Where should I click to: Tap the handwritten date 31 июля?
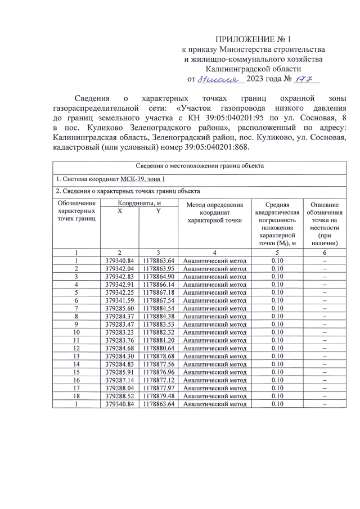click(x=219, y=79)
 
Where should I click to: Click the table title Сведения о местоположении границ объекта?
click(x=200, y=165)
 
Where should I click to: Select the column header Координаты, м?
click(x=139, y=203)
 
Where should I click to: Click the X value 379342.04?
click(x=119, y=269)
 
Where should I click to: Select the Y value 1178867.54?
click(x=158, y=301)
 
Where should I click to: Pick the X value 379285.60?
click(x=119, y=309)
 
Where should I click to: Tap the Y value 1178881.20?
click(x=158, y=340)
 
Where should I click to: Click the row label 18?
click(x=76, y=395)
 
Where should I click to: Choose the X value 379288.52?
click(x=119, y=395)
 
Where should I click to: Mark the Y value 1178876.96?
click(x=158, y=372)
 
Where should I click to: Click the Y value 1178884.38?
click(x=158, y=317)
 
